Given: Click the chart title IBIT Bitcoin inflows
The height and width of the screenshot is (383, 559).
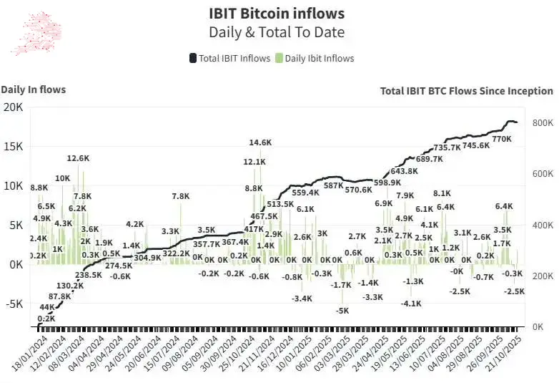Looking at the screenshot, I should click(276, 14).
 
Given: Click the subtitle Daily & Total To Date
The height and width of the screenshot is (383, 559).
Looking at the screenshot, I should click(276, 32).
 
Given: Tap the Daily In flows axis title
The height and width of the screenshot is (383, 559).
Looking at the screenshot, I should click(34, 89).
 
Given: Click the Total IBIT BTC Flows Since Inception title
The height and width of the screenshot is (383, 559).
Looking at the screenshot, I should click(466, 91).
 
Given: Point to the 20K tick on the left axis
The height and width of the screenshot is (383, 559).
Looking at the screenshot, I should click(14, 107).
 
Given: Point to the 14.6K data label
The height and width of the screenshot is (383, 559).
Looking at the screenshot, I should click(260, 142).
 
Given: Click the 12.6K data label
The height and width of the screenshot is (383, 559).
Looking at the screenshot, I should click(78, 158).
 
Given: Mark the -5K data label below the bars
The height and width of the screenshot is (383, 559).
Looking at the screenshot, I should click(342, 311).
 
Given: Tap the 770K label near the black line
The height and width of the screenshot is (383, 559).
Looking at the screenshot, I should click(502, 139).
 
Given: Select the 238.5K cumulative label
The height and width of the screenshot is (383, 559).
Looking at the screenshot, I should click(89, 275).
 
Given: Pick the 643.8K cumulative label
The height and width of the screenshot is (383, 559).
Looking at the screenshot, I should click(404, 171).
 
